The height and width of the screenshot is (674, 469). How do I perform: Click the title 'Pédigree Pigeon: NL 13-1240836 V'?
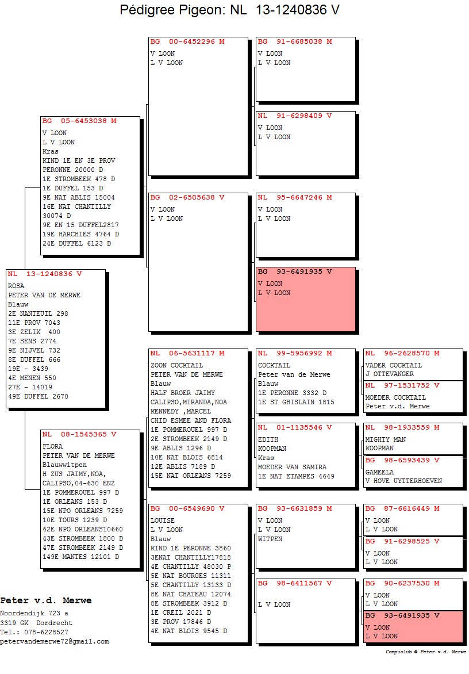(229, 9)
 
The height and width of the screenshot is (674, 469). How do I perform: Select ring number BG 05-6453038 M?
(79, 121)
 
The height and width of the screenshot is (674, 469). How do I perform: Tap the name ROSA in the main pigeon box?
(16, 286)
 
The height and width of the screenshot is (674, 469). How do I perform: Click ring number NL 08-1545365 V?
(79, 434)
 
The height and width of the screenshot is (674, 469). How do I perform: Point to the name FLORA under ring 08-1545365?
(52, 446)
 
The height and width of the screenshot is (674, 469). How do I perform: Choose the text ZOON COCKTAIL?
(176, 365)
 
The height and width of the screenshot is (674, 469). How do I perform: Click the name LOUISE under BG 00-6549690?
(162, 520)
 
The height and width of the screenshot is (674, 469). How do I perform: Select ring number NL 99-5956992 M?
(295, 353)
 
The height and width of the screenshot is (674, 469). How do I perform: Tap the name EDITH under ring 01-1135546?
(268, 439)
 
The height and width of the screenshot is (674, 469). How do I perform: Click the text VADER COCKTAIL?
(393, 365)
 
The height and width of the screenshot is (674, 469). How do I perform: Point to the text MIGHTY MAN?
(385, 439)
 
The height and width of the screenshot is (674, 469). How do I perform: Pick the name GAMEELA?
(379, 472)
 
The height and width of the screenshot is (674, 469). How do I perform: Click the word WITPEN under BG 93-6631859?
(270, 539)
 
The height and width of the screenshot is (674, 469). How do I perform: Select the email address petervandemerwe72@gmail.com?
(55, 641)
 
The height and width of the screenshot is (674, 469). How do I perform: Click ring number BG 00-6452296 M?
(187, 41)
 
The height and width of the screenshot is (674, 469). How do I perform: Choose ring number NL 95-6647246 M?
(295, 197)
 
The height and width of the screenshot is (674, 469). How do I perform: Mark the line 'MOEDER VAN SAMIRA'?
(292, 467)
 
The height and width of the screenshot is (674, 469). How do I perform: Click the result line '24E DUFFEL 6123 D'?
(77, 243)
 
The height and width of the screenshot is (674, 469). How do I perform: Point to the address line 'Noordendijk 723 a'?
(34, 614)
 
